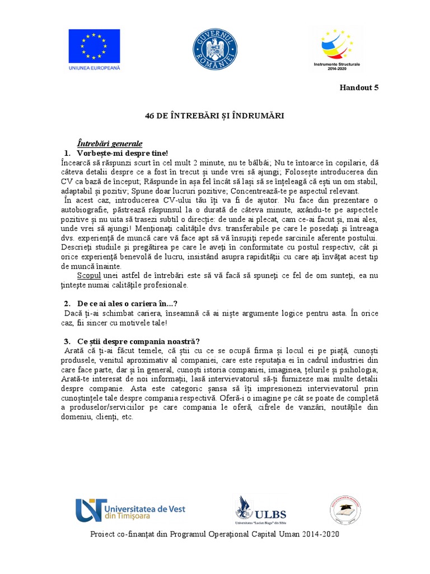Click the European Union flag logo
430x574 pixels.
(x=94, y=45)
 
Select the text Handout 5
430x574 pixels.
(x=360, y=87)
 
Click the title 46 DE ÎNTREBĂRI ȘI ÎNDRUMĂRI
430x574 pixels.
(x=214, y=115)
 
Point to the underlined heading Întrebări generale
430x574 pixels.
(x=110, y=143)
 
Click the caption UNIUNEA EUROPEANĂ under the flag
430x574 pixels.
(x=94, y=68)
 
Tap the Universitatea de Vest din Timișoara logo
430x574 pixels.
(x=130, y=510)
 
